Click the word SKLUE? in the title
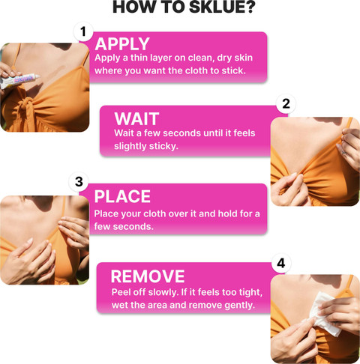point(222,7)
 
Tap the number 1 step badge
point(83,32)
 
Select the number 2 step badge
point(286,103)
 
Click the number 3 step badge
point(79,182)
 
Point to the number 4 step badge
point(281,263)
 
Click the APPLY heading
point(122,44)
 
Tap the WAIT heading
point(136,119)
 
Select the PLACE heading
point(122,196)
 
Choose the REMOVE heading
point(148,276)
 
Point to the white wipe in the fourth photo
point(324,313)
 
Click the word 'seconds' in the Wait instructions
point(182,133)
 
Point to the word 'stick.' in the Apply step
point(234,70)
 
